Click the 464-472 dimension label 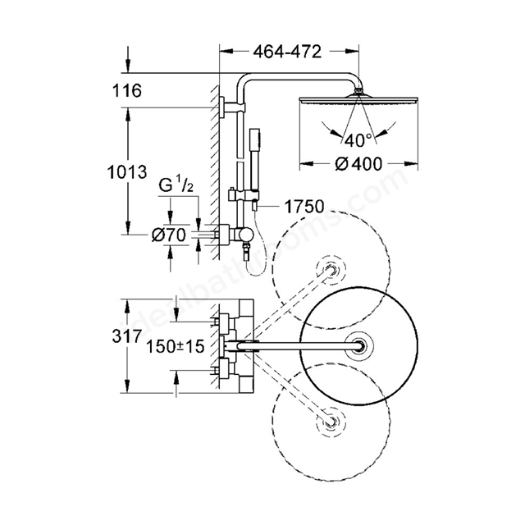click(287, 52)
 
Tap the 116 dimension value click(127, 91)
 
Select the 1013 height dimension click(127, 172)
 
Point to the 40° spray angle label click(358, 140)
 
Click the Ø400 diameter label click(358, 164)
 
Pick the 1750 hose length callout click(304, 206)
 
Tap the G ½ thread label click(176, 185)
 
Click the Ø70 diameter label click(168, 235)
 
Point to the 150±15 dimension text click(176, 346)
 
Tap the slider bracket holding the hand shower click(244, 195)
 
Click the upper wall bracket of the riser click(232, 107)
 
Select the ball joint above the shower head click(358, 91)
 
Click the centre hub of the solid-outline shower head click(359, 346)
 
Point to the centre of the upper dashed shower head click(331, 270)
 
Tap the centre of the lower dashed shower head click(331, 422)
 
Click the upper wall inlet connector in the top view click(223, 322)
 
